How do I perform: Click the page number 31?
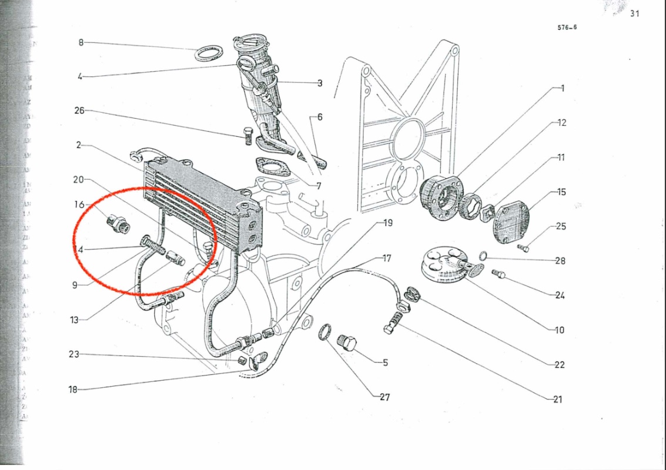click(634, 14)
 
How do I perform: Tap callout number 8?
click(81, 42)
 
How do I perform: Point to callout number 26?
click(80, 110)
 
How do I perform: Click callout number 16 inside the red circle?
click(80, 204)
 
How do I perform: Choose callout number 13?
click(74, 320)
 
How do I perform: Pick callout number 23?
click(73, 354)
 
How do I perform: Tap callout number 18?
click(73, 389)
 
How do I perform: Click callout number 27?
click(384, 397)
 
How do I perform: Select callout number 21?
click(557, 399)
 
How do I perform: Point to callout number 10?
click(559, 330)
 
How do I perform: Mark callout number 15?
click(561, 192)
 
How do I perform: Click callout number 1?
click(562, 88)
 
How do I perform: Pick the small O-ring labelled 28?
click(482, 256)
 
